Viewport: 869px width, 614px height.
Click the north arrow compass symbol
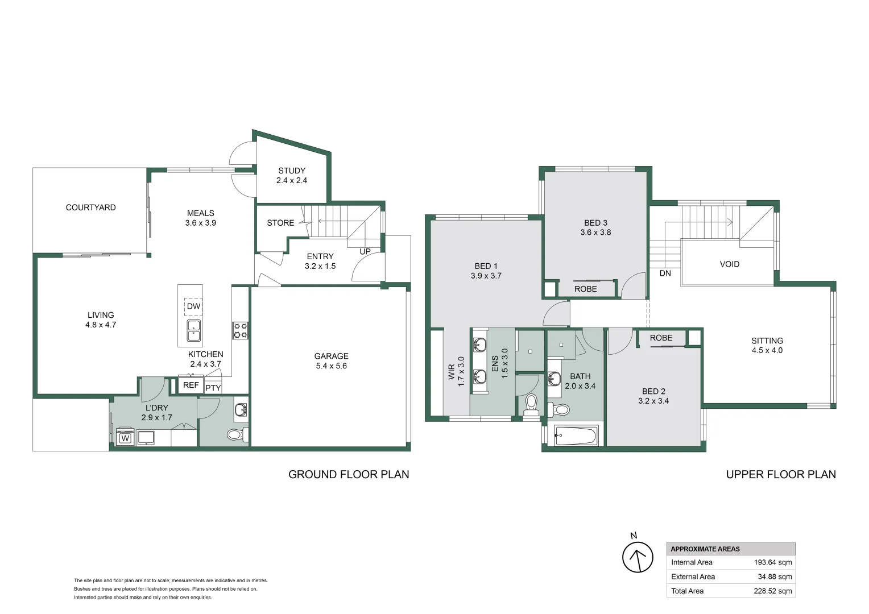637,557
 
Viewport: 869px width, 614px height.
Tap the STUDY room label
292,171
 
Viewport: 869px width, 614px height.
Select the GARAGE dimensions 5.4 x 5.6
331,366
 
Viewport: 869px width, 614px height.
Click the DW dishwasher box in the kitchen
193,306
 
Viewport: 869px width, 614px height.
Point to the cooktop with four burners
240,330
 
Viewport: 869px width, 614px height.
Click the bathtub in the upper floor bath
576,437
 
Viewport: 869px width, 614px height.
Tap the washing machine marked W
125,438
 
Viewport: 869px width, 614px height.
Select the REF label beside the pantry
191,385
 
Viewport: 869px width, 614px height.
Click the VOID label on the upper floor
729,264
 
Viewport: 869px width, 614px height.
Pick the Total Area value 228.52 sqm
772,591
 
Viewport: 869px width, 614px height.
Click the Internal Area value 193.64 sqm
772,563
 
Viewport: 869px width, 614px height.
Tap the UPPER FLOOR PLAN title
780,475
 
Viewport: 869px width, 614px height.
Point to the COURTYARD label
90,208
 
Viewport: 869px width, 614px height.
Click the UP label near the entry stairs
365,251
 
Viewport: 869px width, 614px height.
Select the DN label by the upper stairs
665,273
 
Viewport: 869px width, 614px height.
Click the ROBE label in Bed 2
661,338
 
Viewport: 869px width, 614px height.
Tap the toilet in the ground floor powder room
235,435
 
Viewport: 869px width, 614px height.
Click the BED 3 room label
595,223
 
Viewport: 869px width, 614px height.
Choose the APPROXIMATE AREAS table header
705,549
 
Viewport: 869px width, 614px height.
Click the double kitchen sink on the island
193,330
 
